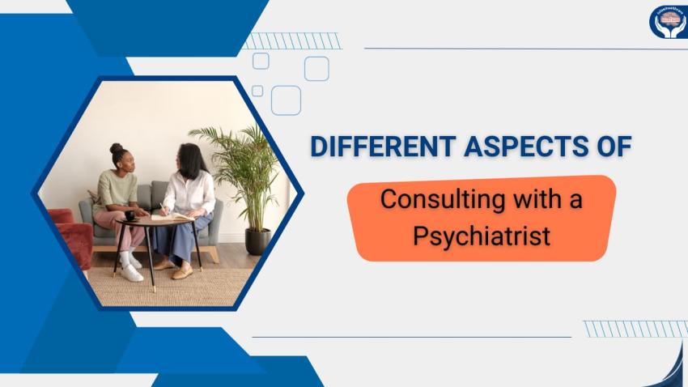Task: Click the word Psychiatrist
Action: point(482,236)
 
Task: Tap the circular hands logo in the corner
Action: point(669,21)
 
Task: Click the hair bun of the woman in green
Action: point(116,149)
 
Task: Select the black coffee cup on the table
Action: point(129,215)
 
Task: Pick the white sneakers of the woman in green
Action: point(130,270)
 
